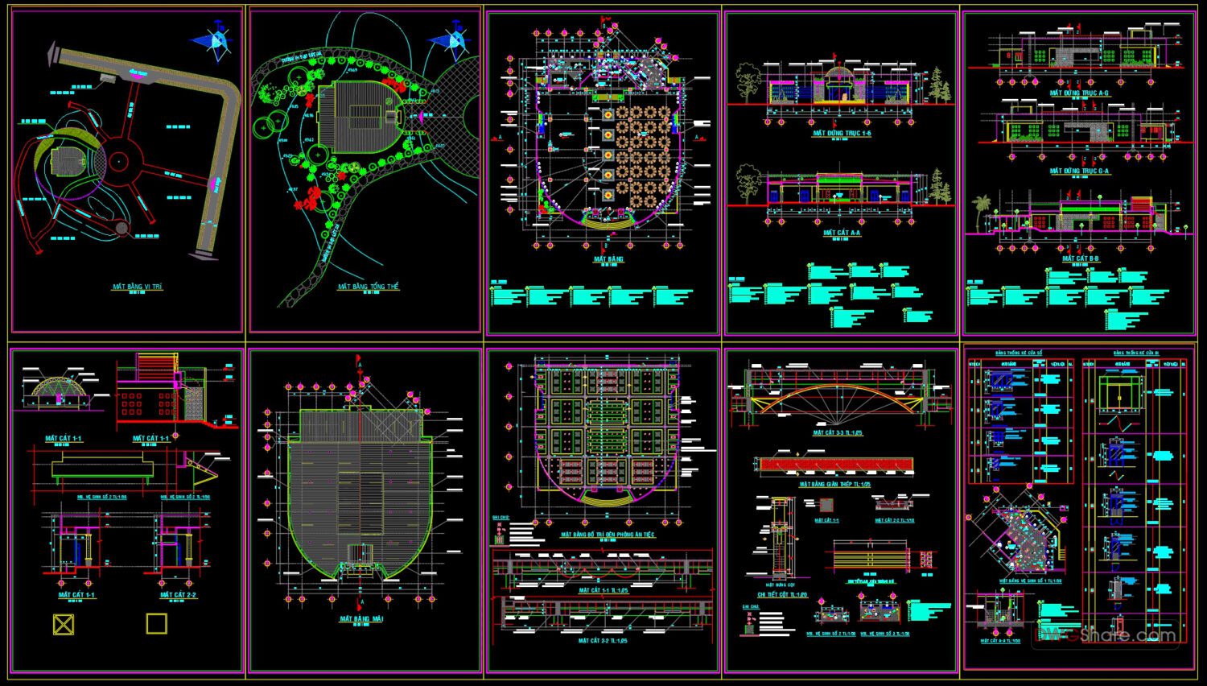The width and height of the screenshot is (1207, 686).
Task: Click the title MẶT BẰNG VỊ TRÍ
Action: [138, 287]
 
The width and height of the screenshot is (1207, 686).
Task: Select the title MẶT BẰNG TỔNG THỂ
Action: [368, 287]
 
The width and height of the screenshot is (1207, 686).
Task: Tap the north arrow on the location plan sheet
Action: [213, 40]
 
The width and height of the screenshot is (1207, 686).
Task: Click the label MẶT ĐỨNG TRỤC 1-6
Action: [842, 133]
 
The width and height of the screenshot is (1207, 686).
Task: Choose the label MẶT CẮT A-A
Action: [842, 233]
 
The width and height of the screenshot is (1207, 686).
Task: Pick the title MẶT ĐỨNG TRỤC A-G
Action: [1079, 93]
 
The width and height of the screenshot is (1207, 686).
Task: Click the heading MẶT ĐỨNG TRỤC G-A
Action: [1079, 171]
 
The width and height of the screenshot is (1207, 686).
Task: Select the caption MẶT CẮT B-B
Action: [1080, 258]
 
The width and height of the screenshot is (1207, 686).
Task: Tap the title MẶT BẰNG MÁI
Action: [361, 619]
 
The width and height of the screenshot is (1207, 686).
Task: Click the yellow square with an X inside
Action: [64, 624]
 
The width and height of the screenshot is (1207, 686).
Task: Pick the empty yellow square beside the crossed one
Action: [156, 624]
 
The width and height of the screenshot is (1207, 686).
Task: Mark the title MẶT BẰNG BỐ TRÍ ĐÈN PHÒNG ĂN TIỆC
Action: [608, 535]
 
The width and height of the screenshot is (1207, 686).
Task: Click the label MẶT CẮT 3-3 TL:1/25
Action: [838, 433]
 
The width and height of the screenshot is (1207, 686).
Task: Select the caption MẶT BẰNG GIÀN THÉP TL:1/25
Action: [835, 485]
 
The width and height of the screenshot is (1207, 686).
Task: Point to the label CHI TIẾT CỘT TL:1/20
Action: [782, 595]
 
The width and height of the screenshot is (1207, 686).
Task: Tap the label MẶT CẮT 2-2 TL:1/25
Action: [603, 641]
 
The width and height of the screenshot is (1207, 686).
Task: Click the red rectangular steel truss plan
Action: [835, 465]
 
